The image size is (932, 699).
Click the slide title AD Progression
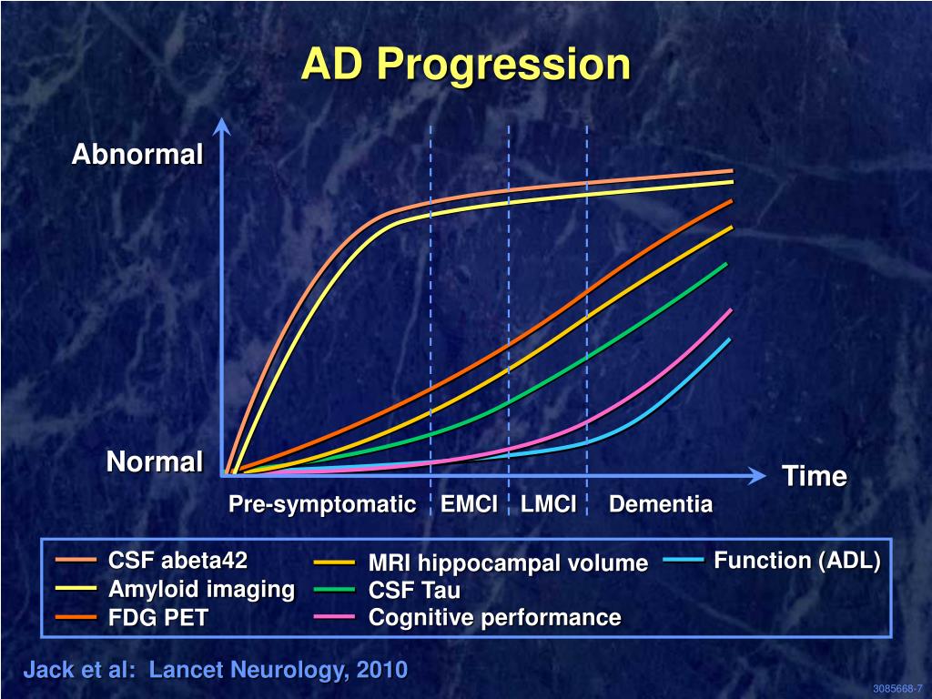(465, 65)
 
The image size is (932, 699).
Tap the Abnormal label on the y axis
(137, 155)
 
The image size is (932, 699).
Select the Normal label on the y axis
(155, 462)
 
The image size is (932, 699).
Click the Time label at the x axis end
(815, 476)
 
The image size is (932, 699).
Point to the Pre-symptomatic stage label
(322, 504)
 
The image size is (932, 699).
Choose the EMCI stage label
(469, 504)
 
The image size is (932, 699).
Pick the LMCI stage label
(549, 504)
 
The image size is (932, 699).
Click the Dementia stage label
(661, 504)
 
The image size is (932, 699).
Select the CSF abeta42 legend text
(178, 560)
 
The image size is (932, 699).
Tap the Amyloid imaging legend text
(202, 589)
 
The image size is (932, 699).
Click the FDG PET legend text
(159, 618)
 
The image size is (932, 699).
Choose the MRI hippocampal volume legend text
(508, 563)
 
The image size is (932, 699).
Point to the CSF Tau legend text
(414, 590)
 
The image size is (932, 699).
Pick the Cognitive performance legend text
(494, 618)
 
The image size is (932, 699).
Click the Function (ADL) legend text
(797, 561)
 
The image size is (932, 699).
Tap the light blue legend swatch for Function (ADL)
(684, 561)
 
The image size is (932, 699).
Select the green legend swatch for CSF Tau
(333, 590)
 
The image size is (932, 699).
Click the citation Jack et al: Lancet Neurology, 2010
(215, 671)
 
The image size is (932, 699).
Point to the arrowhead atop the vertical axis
(223, 127)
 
